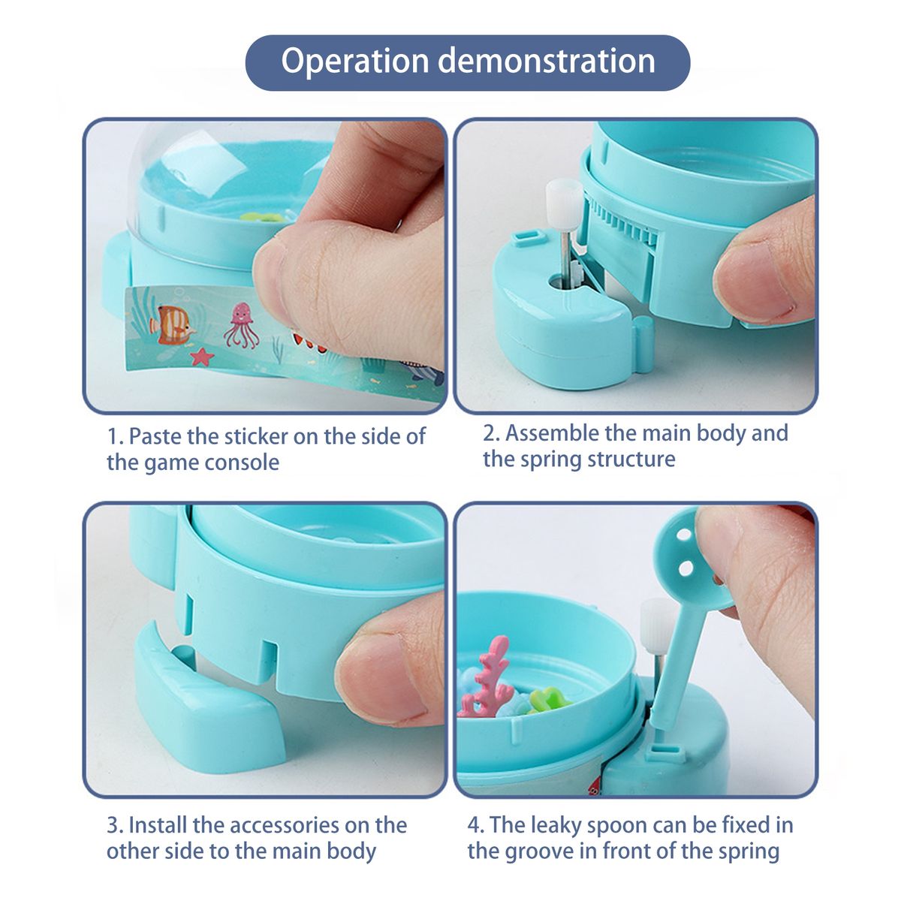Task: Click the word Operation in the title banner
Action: tap(355, 61)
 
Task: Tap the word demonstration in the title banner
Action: tap(547, 61)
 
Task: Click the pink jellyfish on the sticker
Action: tap(241, 325)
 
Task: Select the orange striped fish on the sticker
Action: tap(171, 325)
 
